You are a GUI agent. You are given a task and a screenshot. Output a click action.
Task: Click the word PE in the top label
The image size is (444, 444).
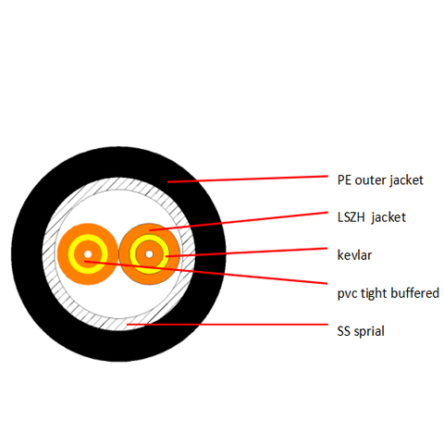[x=344, y=180]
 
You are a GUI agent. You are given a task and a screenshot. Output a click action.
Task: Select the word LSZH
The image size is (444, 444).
[x=351, y=217]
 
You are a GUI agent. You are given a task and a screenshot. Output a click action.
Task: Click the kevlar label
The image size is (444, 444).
[x=354, y=255]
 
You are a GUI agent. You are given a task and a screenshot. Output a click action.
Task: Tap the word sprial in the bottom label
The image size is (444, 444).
[x=369, y=331]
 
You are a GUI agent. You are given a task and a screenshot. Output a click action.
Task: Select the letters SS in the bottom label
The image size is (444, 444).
[x=344, y=331]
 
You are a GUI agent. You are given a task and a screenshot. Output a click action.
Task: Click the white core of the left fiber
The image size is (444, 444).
[x=88, y=254]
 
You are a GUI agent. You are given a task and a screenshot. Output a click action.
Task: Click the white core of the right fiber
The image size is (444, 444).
[x=149, y=254]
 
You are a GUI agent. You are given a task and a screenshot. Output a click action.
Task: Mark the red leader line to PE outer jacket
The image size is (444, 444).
[x=248, y=179]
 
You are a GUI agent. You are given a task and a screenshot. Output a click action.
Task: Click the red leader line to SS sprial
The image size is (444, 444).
[x=228, y=325]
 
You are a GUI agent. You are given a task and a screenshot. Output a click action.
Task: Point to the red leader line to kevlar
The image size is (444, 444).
[x=247, y=252]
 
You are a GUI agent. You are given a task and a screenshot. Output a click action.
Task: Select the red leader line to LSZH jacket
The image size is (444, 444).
[x=239, y=221]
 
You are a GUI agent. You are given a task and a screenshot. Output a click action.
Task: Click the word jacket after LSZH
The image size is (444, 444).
[x=388, y=218]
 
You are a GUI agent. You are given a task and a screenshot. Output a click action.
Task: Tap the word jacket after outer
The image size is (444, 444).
[x=406, y=181]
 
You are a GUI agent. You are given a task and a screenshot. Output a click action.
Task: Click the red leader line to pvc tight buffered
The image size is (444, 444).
[x=205, y=272]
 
